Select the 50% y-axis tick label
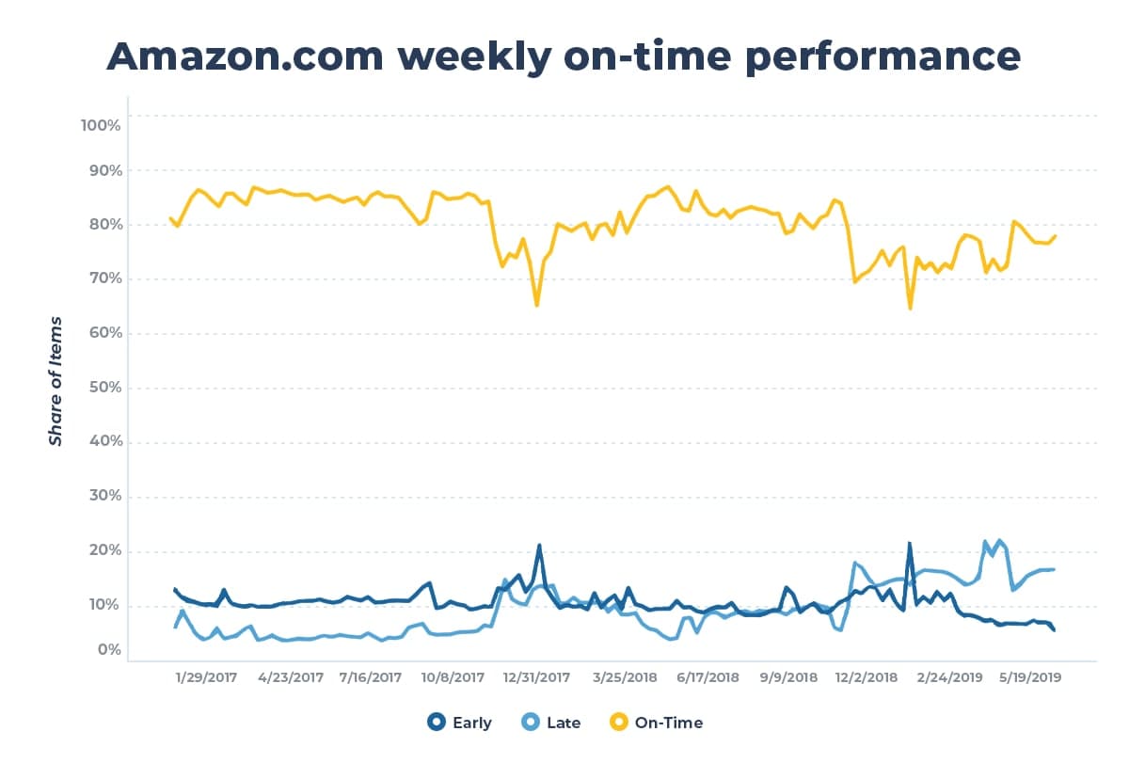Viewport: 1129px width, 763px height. point(102,388)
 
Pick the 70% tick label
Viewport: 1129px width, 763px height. point(102,279)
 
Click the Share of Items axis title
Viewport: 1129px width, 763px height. point(56,381)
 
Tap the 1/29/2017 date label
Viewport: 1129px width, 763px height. point(207,676)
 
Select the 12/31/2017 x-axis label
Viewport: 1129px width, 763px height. point(535,676)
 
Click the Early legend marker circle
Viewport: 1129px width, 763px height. point(436,723)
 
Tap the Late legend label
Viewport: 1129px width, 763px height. point(564,723)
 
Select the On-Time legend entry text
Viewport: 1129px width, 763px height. point(669,723)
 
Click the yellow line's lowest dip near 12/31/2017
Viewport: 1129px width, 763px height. point(536,305)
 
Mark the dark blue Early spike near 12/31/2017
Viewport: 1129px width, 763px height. point(539,546)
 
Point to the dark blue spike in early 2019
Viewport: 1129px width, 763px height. point(909,544)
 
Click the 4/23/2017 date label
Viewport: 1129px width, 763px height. point(290,676)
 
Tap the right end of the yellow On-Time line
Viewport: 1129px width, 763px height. point(1055,235)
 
